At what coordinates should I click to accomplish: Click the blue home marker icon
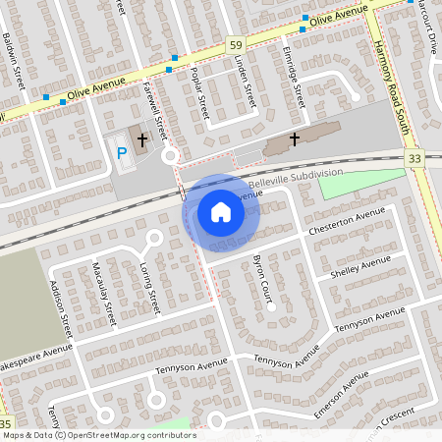[x=221, y=211]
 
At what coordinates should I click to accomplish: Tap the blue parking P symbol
[x=122, y=152]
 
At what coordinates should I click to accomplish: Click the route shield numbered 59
[x=235, y=45]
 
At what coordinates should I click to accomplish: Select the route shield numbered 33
[x=414, y=157]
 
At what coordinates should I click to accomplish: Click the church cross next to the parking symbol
[x=142, y=140]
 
